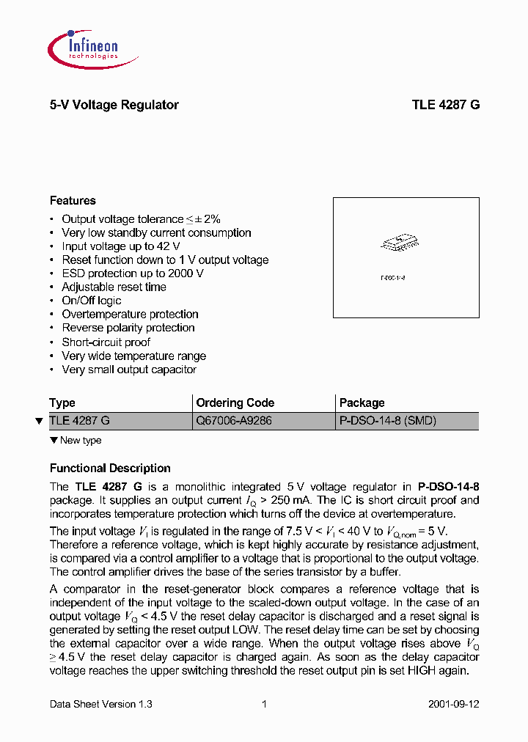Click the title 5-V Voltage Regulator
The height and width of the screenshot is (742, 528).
(x=114, y=105)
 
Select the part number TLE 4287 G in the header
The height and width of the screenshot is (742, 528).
(x=445, y=105)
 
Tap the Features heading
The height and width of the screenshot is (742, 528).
(x=73, y=200)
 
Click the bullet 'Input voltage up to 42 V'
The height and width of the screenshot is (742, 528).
(x=120, y=246)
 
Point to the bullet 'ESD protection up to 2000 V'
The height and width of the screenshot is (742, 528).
(x=132, y=273)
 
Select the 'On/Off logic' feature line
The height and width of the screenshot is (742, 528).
(x=91, y=301)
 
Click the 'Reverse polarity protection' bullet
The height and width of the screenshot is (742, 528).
(x=128, y=328)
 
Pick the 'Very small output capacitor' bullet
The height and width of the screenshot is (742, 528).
(x=128, y=370)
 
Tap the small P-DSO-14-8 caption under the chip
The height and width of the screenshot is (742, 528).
(x=393, y=278)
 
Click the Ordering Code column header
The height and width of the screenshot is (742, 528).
(x=235, y=403)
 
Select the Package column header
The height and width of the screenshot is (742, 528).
(x=362, y=403)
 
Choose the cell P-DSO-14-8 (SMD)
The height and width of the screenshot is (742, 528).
(x=387, y=421)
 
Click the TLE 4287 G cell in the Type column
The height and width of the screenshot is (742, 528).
(x=79, y=421)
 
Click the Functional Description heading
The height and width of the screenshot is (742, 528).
(x=110, y=468)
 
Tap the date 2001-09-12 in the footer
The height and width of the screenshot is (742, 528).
(x=453, y=704)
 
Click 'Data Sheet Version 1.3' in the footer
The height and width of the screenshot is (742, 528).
(x=100, y=704)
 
